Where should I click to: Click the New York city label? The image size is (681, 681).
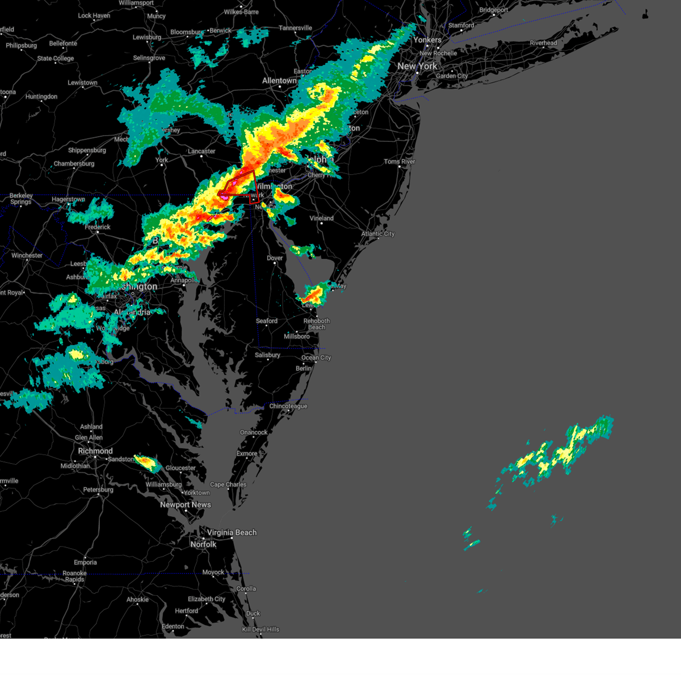click(417, 66)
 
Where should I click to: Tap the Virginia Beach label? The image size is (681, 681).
click(232, 532)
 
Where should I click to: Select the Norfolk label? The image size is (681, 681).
click(203, 544)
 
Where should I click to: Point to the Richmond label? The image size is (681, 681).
click(95, 451)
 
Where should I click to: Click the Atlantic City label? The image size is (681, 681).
click(378, 234)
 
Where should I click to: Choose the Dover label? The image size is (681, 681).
click(275, 258)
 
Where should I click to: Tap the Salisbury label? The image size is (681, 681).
click(267, 355)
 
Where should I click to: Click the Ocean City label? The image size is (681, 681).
click(316, 358)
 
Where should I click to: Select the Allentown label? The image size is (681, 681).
click(279, 81)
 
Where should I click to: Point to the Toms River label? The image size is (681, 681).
click(400, 162)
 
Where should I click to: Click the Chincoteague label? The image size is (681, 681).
click(288, 406)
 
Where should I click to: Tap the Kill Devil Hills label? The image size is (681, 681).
click(260, 629)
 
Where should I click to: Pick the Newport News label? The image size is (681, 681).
click(186, 505)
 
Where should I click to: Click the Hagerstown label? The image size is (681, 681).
click(68, 200)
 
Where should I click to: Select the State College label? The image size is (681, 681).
click(56, 58)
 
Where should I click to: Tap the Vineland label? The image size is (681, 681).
click(322, 218)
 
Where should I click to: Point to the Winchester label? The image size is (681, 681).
click(27, 255)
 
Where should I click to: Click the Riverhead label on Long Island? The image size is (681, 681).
click(543, 43)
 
